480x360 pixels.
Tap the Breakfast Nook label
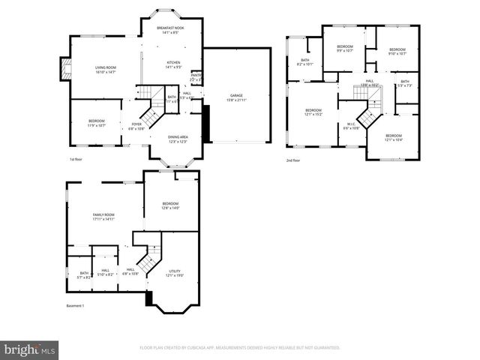(170, 31)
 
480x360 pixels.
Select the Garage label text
(236, 97)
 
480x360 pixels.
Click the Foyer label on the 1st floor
(136, 126)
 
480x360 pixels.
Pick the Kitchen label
(174, 65)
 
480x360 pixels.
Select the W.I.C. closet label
(351, 126)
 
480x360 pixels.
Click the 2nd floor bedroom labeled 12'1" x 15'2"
(313, 112)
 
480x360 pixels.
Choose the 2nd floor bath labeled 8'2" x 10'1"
(305, 62)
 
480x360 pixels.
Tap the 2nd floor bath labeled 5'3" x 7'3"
(405, 83)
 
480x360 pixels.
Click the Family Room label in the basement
(103, 217)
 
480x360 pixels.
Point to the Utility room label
(174, 273)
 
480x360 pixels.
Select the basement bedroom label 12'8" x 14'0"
(171, 205)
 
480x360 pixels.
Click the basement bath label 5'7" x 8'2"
(84, 275)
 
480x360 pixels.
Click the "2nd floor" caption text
(292, 160)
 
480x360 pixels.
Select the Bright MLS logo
(29, 349)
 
